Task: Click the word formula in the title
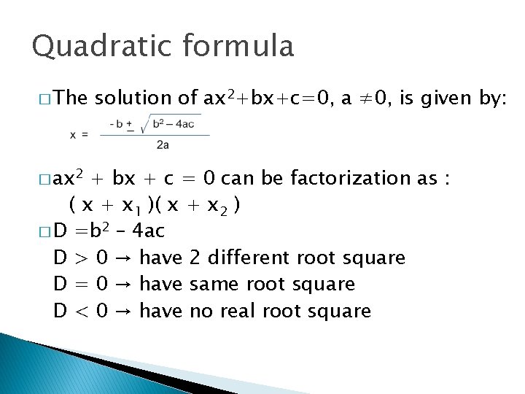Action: pyautogui.click(x=238, y=47)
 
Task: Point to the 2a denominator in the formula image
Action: pyautogui.click(x=163, y=145)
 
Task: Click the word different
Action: pyautogui.click(x=250, y=258)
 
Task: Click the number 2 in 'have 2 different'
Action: pyautogui.click(x=195, y=258)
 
